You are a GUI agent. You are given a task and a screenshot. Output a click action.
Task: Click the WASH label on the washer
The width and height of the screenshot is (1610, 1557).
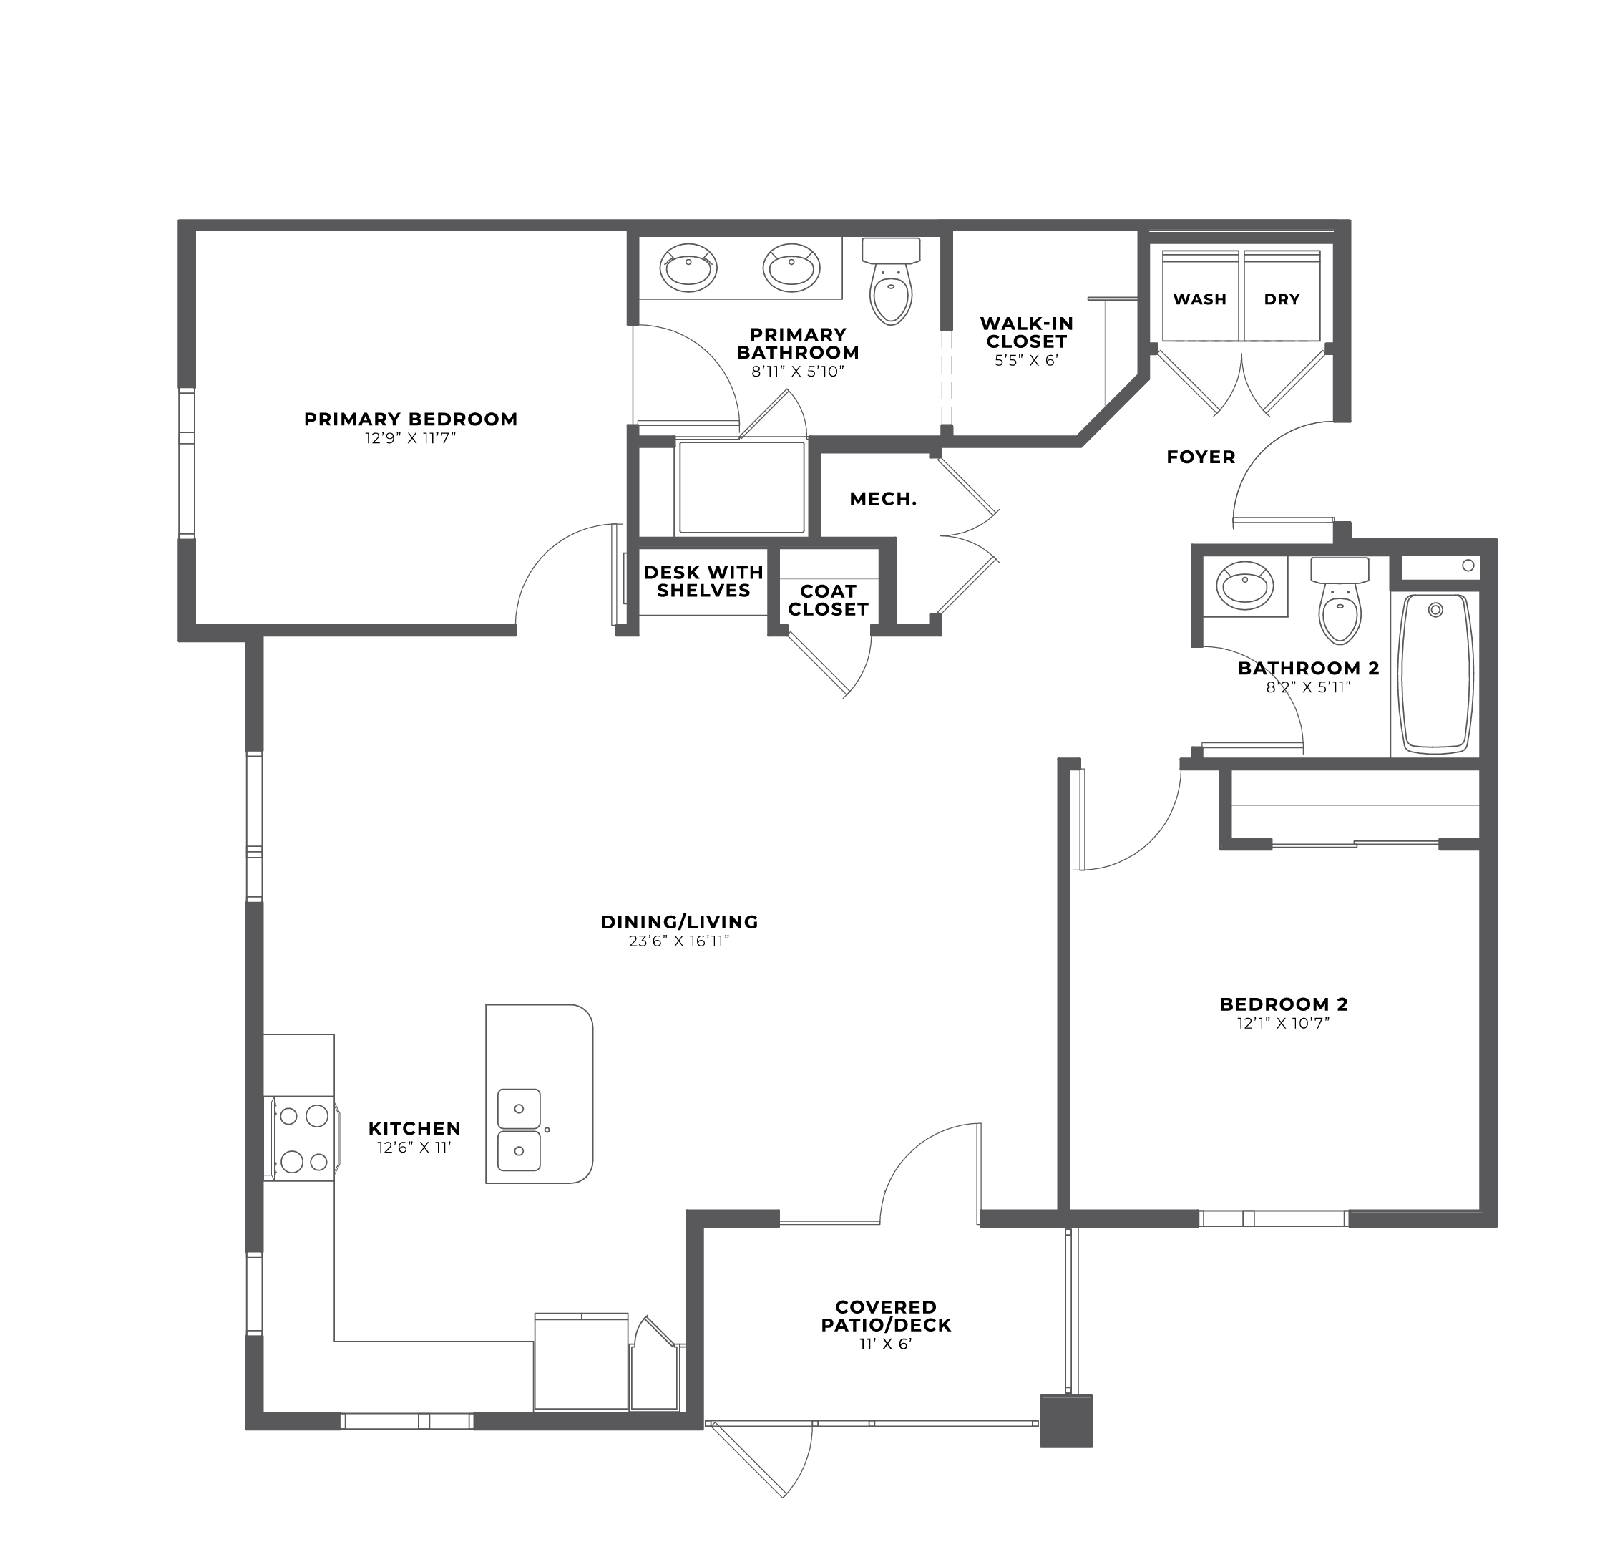pos(1199,299)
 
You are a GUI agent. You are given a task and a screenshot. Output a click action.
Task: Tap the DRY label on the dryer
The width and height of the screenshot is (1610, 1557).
pos(1282,299)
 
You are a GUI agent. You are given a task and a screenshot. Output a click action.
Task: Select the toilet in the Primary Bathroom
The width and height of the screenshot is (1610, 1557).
pos(892,281)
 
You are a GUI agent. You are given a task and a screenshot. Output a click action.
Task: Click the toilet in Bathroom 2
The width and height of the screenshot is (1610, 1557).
pos(1340,601)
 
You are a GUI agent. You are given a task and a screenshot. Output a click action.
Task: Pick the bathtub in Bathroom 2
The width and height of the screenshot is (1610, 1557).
pos(1435,674)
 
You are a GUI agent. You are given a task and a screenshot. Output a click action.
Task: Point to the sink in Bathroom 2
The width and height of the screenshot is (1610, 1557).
pos(1245,586)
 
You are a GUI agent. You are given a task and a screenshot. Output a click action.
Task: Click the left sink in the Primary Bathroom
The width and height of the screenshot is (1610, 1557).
pos(688,268)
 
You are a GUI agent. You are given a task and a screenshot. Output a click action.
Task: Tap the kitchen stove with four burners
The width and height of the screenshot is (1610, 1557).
pos(301,1139)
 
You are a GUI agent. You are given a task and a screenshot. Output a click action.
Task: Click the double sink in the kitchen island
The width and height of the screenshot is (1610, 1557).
pos(519,1130)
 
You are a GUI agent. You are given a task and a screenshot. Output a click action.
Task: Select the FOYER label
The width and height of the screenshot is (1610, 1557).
pos(1201,457)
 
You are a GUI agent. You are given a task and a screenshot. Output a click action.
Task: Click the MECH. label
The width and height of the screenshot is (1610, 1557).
pos(883,499)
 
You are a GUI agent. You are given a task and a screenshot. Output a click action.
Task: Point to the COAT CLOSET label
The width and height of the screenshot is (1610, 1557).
pos(828,601)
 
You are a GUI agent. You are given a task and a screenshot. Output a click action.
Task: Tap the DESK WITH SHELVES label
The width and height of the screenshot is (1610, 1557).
pos(704,582)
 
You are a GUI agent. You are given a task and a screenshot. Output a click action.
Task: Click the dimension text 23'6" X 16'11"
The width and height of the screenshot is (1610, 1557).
pos(679,941)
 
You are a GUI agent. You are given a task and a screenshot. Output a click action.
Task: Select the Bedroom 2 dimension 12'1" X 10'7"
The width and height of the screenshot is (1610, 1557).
pos(1284,1024)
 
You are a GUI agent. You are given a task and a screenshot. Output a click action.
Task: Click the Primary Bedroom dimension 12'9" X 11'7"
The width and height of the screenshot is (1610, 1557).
pos(411,439)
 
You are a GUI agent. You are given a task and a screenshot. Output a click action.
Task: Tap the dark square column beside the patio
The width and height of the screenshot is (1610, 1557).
pos(1066,1420)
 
